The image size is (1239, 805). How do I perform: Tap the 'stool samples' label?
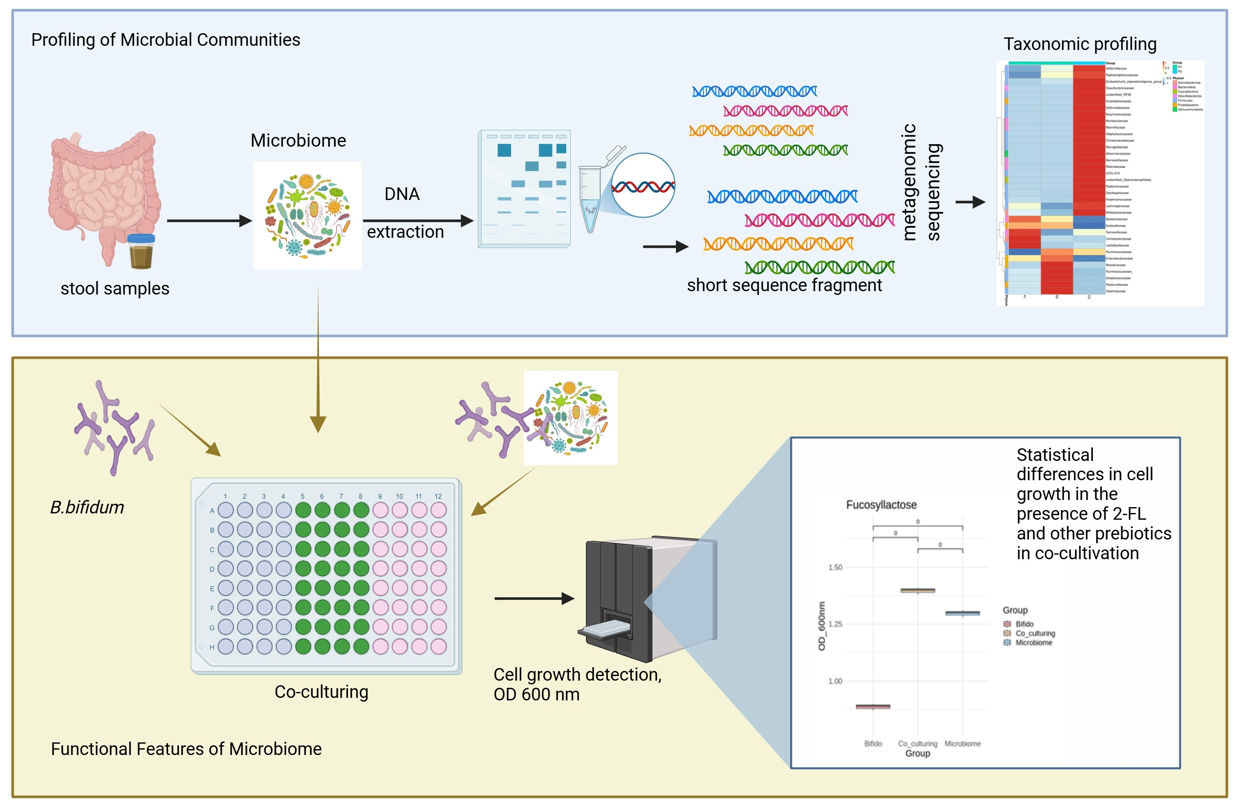tap(115, 288)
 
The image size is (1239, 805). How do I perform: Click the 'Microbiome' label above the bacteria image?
tap(298, 140)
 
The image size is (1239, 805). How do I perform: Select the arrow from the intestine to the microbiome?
tap(208, 221)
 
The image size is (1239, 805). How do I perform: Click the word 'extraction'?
tap(405, 232)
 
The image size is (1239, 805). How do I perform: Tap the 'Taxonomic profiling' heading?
tap(1080, 44)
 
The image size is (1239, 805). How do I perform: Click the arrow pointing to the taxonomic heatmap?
tap(970, 202)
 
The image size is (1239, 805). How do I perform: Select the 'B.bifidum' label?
tap(87, 508)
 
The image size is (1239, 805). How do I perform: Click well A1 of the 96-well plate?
tap(225, 510)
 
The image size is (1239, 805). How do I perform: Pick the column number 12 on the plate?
tap(438, 497)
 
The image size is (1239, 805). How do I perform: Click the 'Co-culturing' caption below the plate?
tap(321, 692)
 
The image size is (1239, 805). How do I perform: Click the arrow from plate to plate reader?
tap(534, 598)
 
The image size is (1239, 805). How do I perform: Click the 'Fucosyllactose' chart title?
tap(881, 505)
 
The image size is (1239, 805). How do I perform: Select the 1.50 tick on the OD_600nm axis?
tap(835, 567)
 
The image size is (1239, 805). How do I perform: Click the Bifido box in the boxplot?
tap(873, 707)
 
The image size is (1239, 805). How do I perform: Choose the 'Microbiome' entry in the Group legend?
tap(1033, 643)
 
